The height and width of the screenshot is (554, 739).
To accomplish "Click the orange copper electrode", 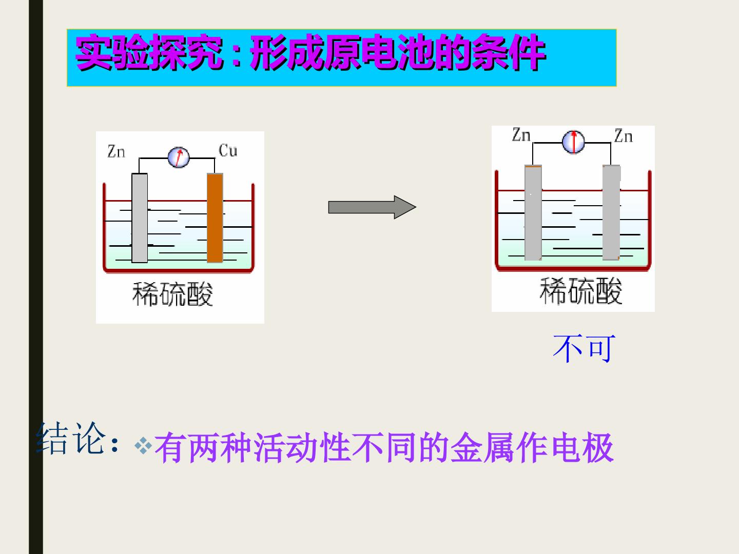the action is point(215,217).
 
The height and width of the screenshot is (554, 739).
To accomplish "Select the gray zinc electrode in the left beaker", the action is point(140,217).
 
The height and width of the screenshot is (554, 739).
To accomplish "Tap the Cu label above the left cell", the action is point(228,150).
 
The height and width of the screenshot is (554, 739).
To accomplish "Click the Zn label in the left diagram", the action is point(116,151).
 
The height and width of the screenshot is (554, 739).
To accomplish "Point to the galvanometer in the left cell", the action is point(179,157).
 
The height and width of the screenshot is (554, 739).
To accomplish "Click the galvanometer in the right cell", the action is point(573,142).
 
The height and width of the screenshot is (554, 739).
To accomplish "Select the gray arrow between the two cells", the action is point(372,207).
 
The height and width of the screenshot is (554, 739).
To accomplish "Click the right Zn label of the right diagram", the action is point(624,135).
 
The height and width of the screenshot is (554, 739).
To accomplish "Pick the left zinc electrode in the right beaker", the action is point(533,212).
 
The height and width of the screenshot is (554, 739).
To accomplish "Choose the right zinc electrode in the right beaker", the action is point(611,212).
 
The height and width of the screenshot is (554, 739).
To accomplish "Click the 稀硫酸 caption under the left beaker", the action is point(172,294).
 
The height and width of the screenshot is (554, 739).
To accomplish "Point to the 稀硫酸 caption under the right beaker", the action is point(581,291).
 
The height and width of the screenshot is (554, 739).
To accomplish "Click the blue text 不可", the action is point(584,348).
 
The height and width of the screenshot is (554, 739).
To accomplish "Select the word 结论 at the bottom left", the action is point(71,439).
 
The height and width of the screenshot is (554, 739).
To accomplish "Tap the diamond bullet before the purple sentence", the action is point(143,446).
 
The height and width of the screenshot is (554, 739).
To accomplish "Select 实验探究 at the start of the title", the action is point(149,52).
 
